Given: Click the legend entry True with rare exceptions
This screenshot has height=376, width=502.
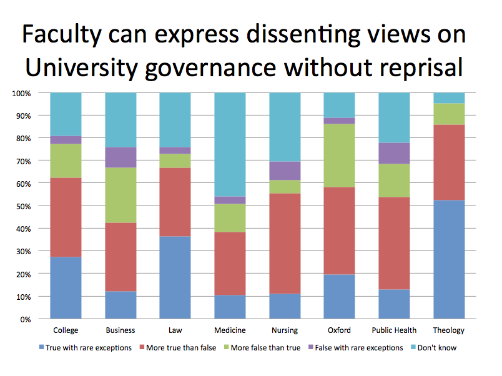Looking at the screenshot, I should click(87, 347).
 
